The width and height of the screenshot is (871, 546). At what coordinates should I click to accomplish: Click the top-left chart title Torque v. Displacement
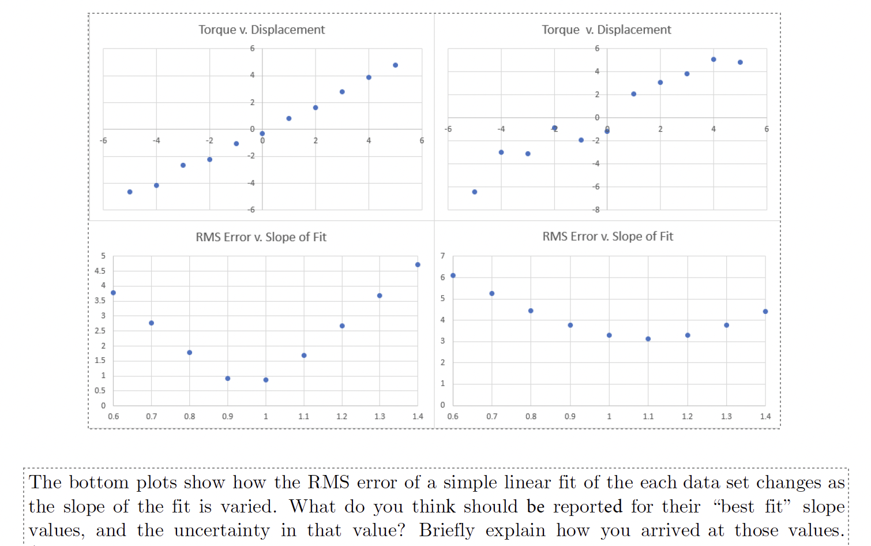click(x=261, y=29)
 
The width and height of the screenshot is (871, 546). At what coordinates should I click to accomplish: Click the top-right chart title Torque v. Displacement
click(x=606, y=29)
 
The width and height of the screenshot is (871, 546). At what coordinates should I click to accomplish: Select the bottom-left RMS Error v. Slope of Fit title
click(x=261, y=237)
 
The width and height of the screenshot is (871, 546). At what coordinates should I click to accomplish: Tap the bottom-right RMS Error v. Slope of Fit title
click(x=607, y=237)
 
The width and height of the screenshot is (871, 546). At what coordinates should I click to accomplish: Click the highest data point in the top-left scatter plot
click(x=395, y=65)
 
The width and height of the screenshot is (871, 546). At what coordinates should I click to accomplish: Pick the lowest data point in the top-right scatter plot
click(x=475, y=192)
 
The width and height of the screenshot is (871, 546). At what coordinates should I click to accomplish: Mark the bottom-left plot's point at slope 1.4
click(x=418, y=265)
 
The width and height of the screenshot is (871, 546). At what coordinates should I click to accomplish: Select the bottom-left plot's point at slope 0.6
click(x=113, y=293)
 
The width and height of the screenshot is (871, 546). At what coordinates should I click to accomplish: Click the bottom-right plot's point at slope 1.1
click(x=648, y=339)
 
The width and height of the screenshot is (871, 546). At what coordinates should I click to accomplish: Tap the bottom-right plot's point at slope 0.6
click(x=453, y=275)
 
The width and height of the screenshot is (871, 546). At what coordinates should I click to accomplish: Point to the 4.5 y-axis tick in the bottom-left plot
click(x=100, y=271)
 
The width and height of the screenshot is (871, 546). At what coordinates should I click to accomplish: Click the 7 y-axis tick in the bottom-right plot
click(x=442, y=256)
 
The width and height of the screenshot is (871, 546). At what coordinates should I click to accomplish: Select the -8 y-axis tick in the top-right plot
click(x=596, y=210)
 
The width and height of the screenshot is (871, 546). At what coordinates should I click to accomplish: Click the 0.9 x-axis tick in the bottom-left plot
click(x=227, y=416)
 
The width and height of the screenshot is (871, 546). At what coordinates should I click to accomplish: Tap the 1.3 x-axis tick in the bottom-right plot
click(x=726, y=416)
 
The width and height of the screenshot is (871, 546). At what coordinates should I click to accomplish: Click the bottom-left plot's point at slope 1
click(x=266, y=380)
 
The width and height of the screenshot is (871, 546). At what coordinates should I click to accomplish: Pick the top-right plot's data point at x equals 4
click(x=714, y=59)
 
